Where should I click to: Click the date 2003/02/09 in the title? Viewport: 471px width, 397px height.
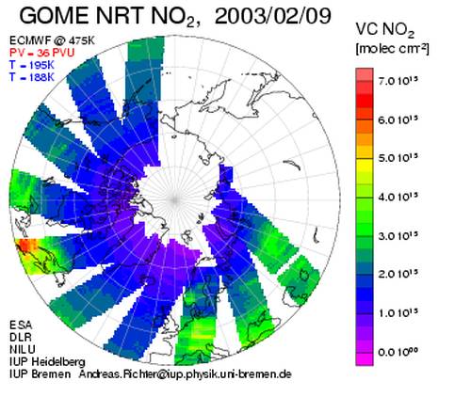(272, 16)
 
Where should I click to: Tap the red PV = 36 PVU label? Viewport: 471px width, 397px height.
(41, 53)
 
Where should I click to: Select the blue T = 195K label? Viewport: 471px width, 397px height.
(32, 65)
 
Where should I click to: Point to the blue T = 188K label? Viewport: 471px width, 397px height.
(32, 77)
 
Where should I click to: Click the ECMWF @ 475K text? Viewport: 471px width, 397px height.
(52, 40)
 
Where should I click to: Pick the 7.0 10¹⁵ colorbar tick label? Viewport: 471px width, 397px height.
(398, 81)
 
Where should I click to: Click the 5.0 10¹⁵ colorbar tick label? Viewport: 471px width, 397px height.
(398, 158)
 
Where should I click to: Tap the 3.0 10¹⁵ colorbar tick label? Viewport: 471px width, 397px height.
(398, 235)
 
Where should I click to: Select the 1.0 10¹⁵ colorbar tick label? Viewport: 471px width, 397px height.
(398, 312)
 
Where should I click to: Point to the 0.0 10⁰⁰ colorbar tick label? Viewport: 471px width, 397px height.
(398, 352)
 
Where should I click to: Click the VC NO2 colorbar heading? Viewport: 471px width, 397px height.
(385, 30)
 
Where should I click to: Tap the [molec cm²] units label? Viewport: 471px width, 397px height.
(392, 49)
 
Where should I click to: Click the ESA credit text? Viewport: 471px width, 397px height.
(21, 325)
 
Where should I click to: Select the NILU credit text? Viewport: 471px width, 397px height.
(23, 349)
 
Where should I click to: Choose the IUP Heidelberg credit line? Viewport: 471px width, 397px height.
(47, 362)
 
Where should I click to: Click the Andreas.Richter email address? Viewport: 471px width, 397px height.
(186, 373)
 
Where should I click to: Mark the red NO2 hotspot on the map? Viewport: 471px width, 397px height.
(25, 246)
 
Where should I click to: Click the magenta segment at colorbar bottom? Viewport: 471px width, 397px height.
(365, 359)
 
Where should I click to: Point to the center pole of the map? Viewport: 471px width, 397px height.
(175, 199)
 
